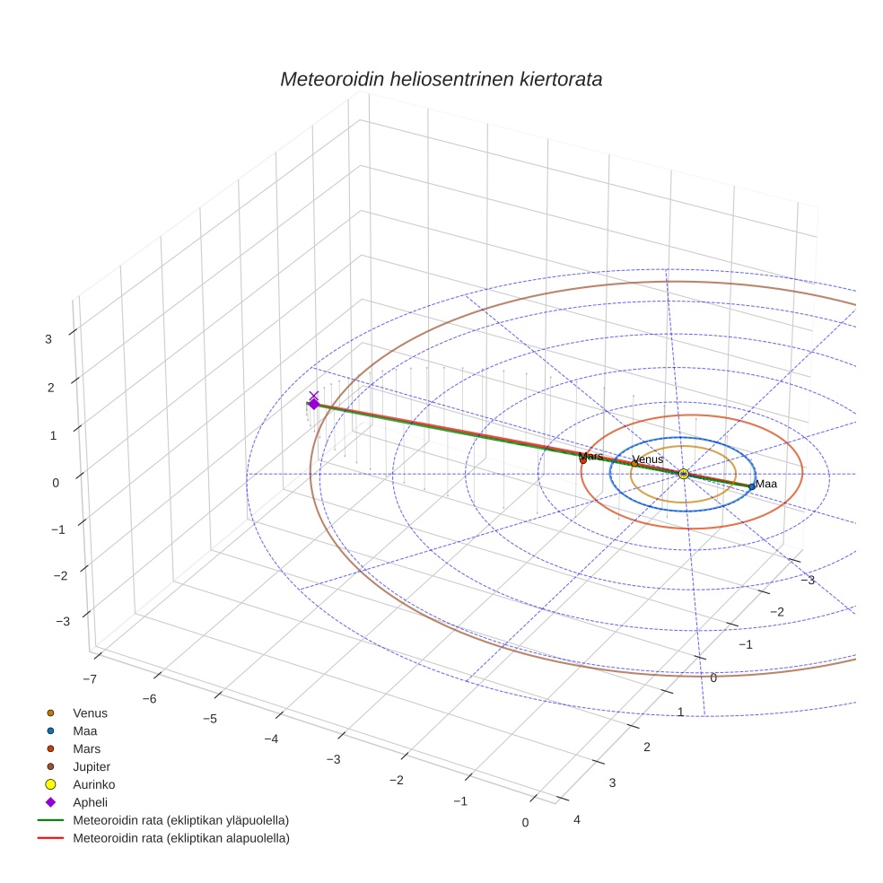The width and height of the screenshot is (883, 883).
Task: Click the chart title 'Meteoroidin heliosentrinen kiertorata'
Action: [x=441, y=79]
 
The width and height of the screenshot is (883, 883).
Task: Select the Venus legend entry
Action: [x=90, y=713]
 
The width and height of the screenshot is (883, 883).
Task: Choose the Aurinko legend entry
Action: [x=93, y=784]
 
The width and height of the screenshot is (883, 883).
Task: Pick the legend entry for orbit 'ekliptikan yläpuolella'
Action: [x=180, y=820]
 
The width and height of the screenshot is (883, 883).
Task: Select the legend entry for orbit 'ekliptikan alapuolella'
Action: [x=180, y=838]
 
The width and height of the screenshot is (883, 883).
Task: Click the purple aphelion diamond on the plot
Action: [x=313, y=405]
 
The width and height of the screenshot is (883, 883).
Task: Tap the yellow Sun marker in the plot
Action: [x=684, y=474]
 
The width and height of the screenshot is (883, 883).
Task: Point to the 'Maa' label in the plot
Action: [x=766, y=484]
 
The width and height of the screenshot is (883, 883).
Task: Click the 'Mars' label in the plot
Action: [x=590, y=457]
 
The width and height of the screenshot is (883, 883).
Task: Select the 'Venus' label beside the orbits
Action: [x=648, y=459]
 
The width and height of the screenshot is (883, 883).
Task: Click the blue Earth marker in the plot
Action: [x=751, y=486]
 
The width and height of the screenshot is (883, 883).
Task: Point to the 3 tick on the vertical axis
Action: [x=50, y=339]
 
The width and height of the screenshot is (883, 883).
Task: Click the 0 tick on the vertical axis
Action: [x=56, y=482]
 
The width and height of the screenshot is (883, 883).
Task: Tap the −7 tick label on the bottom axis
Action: [x=89, y=678]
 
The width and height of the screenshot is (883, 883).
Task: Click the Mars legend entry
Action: [x=86, y=748]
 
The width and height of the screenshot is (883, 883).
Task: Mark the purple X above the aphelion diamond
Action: [x=313, y=395]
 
